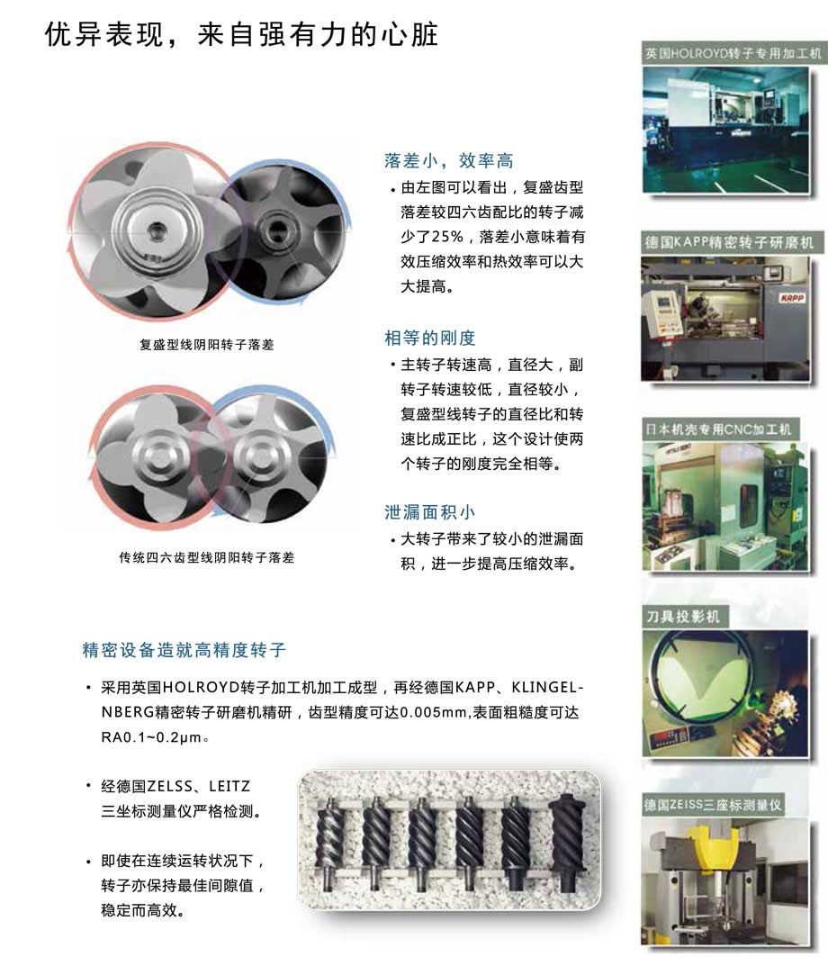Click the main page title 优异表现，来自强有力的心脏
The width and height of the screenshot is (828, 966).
[241, 34]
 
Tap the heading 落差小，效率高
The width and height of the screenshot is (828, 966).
[448, 161]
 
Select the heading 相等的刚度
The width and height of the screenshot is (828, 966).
[430, 338]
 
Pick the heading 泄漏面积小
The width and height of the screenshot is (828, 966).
[430, 512]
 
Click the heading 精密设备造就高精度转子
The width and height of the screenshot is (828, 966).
[184, 650]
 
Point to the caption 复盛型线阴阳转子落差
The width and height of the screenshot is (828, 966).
[207, 345]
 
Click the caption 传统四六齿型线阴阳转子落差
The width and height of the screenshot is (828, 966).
[207, 557]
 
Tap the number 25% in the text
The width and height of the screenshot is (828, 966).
[447, 237]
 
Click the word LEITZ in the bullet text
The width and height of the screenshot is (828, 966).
[229, 786]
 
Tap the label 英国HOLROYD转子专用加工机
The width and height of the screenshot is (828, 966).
[733, 53]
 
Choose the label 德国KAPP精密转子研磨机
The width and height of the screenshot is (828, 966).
[729, 243]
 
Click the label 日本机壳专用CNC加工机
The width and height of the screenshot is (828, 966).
[718, 429]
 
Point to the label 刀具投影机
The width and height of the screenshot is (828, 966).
[683, 617]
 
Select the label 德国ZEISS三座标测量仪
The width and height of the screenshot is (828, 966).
[712, 805]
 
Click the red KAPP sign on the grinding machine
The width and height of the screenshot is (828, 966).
[792, 299]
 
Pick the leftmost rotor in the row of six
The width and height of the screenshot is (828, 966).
[330, 844]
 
